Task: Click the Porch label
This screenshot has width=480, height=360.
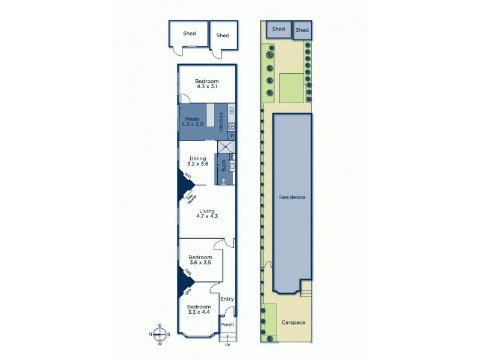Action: pos(227,325)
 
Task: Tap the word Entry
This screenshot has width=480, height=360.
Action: pos(227,299)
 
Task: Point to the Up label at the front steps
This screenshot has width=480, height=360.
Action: pos(227,345)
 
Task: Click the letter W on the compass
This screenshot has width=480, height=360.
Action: pos(160,344)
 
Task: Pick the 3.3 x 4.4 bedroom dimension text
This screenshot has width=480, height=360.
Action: pos(200,312)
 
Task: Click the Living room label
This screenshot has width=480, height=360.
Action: pos(207,211)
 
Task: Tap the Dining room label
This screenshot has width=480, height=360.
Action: pos(198,158)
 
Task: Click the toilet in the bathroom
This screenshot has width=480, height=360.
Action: pos(225,179)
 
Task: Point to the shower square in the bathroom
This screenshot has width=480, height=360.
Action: pos(226,146)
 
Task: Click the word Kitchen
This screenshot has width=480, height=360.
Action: pos(221,122)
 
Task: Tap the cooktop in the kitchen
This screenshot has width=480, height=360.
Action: pos(231,127)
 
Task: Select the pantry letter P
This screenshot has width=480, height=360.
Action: pos(231,136)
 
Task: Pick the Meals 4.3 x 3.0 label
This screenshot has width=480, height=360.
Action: pos(193,122)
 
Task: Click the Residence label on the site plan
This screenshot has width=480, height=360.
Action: pos(292,197)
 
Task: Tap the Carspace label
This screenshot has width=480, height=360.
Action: pos(293,323)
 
